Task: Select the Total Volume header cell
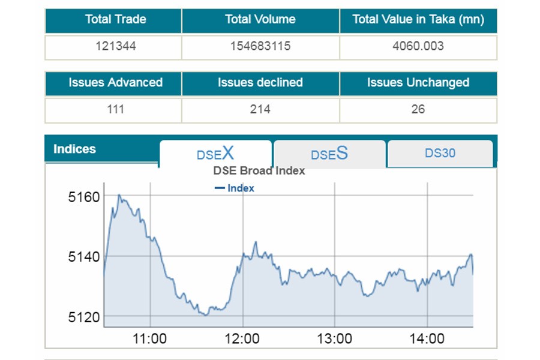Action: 260,20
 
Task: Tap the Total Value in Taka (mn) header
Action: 418,20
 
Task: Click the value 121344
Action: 115,46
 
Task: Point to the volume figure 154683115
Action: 260,46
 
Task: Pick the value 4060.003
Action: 418,46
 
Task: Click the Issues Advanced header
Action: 115,83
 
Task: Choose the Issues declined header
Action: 260,83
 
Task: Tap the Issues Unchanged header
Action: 418,83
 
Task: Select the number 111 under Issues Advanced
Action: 115,109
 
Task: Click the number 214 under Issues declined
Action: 260,109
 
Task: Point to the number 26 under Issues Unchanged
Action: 418,109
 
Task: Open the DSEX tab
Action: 215,154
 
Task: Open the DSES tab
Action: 329,154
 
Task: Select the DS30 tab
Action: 440,153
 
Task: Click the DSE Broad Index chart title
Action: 259,171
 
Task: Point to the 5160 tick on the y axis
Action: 84,197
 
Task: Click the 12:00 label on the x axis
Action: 242,339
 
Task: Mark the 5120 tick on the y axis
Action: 84,316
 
